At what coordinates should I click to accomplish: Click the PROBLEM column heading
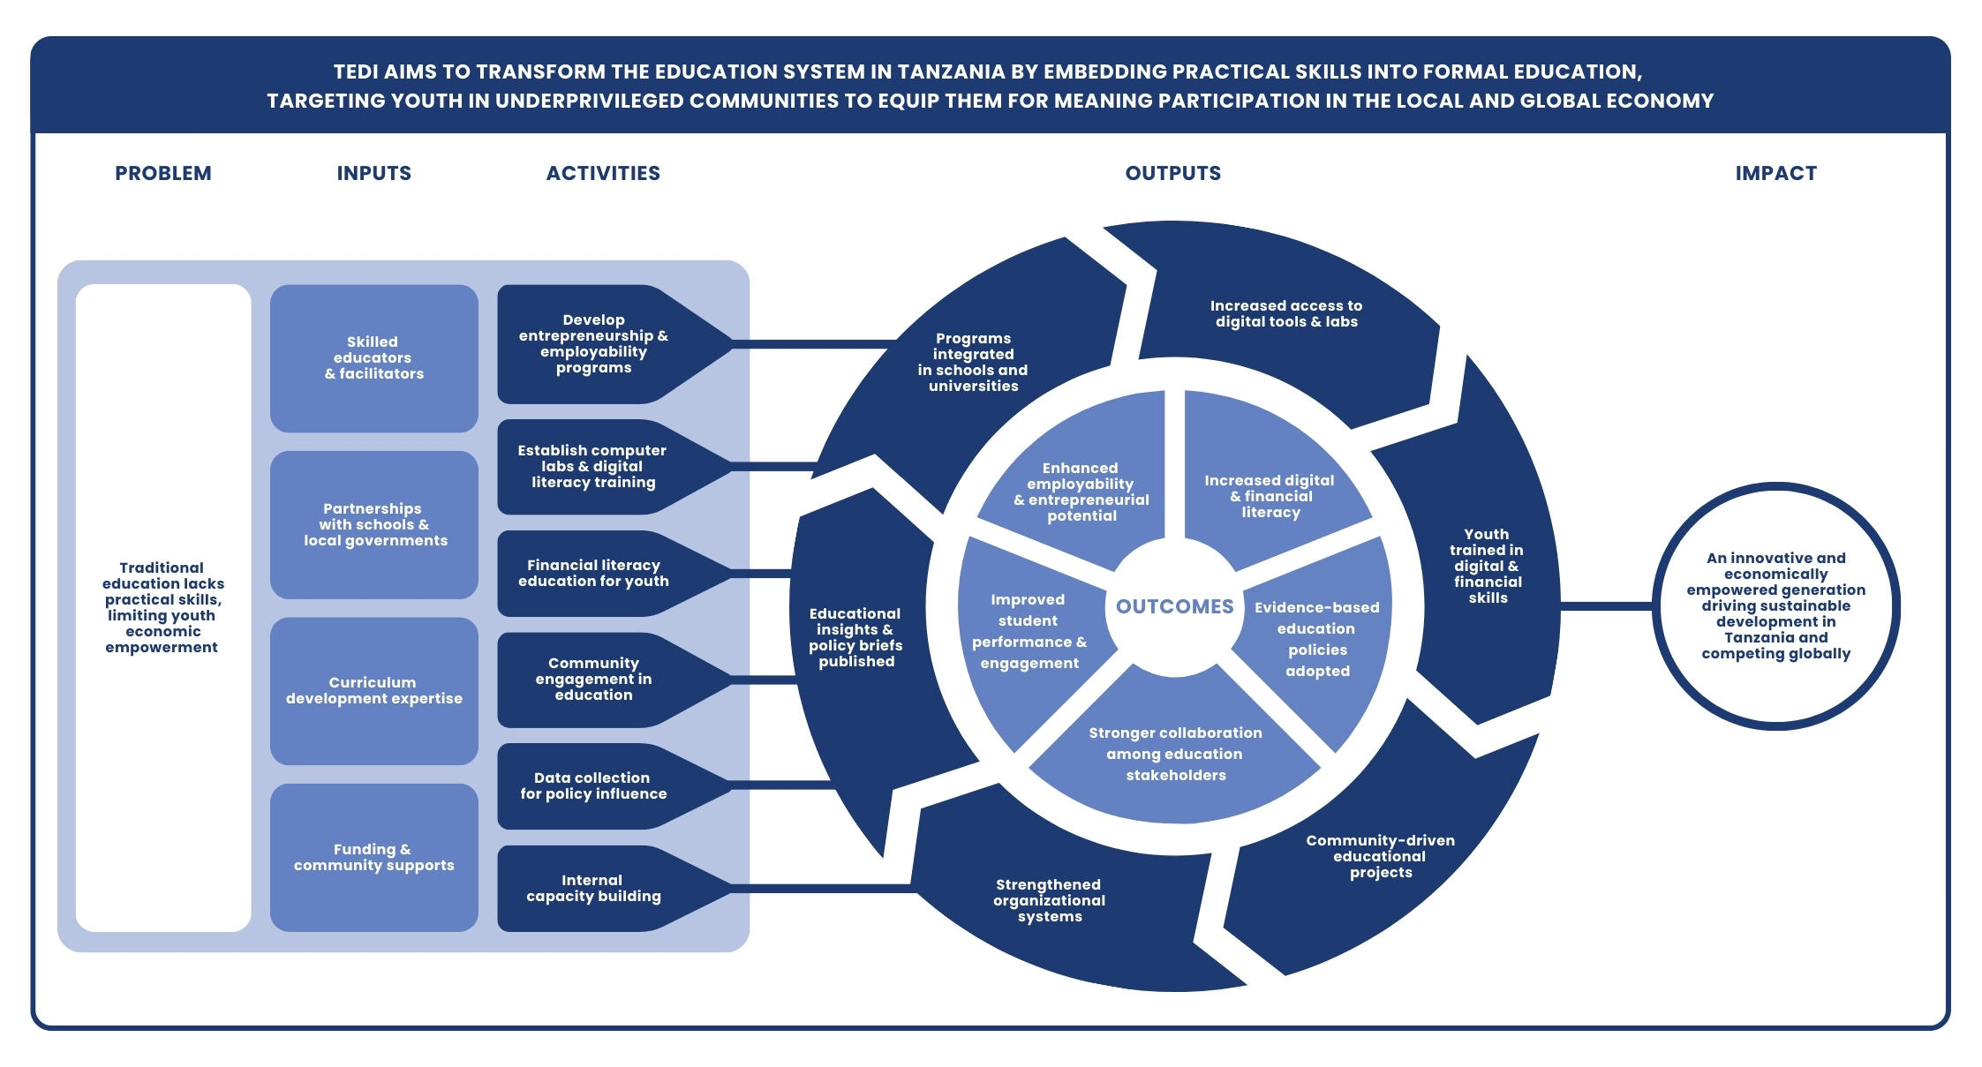[x=163, y=173]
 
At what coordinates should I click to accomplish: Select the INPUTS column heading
[x=373, y=173]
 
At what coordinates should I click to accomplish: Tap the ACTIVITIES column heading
[x=603, y=173]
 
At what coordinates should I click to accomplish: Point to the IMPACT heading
[x=1775, y=173]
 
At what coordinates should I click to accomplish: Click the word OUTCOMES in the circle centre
[x=1174, y=606]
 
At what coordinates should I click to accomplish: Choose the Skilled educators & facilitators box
[x=373, y=357]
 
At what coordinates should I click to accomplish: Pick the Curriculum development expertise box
[x=373, y=690]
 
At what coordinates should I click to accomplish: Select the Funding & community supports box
[x=373, y=857]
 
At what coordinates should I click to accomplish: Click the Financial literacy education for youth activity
[x=593, y=573]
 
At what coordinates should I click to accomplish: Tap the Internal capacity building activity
[x=593, y=888]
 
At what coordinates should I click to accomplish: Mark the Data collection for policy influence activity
[x=593, y=785]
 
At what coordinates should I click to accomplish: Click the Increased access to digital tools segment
[x=1286, y=314]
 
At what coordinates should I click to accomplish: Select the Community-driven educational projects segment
[x=1380, y=856]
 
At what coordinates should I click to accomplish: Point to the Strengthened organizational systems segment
[x=1049, y=900]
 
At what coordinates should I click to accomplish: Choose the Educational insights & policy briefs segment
[x=855, y=637]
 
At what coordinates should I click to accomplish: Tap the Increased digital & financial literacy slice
[x=1270, y=496]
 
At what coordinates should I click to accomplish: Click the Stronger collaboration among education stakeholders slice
[x=1175, y=754]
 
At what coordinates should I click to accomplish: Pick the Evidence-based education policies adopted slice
[x=1316, y=639]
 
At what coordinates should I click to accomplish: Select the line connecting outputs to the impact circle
[x=1607, y=606]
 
